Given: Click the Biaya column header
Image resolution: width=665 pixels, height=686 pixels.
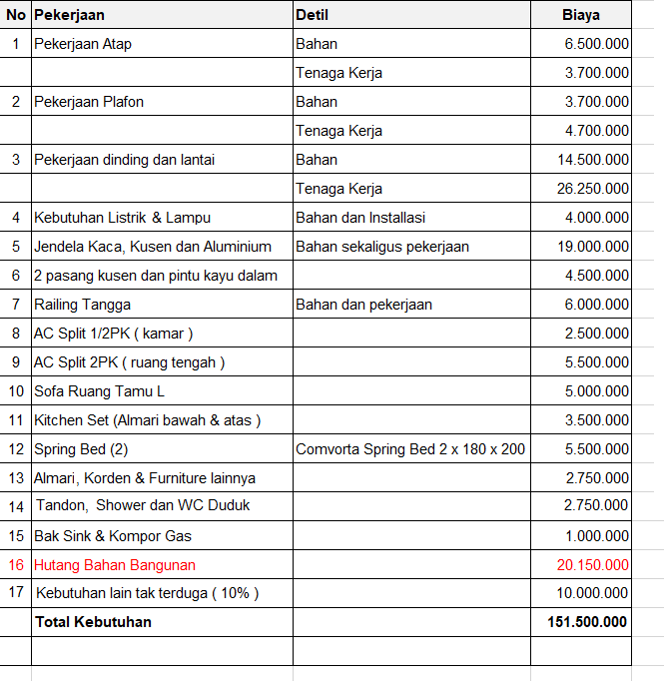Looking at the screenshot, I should [579, 15].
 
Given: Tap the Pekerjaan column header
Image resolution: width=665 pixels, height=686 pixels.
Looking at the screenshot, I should [69, 15].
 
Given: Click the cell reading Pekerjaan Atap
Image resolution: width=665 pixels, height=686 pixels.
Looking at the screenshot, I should [83, 44].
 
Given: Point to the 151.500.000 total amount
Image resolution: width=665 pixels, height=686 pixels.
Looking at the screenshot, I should [587, 622].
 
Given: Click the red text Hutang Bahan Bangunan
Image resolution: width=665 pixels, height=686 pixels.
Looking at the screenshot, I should [115, 565].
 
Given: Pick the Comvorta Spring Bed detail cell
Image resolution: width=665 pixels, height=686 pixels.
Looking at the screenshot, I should [410, 449].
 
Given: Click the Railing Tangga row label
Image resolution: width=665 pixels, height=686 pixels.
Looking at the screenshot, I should [83, 305].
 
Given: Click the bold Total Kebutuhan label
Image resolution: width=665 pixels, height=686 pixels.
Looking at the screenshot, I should [93, 622].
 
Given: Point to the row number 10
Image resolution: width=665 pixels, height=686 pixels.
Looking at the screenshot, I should [16, 391].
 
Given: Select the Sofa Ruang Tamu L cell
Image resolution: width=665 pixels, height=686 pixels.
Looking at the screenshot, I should [100, 391].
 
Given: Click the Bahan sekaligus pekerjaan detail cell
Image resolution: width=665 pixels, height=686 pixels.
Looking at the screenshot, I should [382, 247].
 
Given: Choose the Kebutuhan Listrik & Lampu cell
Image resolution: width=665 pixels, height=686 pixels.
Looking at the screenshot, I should [122, 218].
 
